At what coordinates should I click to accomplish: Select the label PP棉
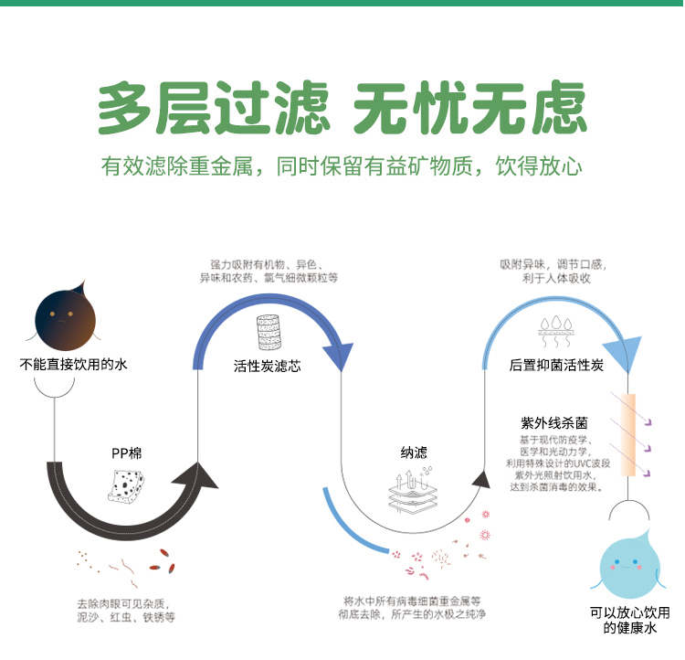pyautogui.click(x=127, y=453)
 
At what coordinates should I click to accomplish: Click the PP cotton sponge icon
pyautogui.click(x=126, y=484)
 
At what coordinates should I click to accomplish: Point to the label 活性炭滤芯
pyautogui.click(x=268, y=366)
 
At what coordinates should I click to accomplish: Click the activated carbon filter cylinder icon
pyautogui.click(x=269, y=332)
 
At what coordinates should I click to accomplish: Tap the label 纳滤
pyautogui.click(x=414, y=452)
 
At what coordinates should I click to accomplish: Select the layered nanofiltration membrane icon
pyautogui.click(x=413, y=490)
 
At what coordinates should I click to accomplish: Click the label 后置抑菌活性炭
pyautogui.click(x=556, y=365)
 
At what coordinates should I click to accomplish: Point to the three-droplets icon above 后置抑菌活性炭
pyautogui.click(x=555, y=331)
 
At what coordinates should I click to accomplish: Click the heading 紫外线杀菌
pyautogui.click(x=554, y=423)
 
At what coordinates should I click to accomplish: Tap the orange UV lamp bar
pyautogui.click(x=628, y=434)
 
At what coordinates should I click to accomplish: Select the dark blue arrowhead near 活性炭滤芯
pyautogui.click(x=339, y=357)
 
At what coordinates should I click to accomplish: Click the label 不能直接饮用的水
pyautogui.click(x=73, y=364)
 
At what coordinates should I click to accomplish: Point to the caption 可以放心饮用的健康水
pyautogui.click(x=630, y=620)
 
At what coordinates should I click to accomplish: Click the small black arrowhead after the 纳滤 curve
pyautogui.click(x=482, y=479)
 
